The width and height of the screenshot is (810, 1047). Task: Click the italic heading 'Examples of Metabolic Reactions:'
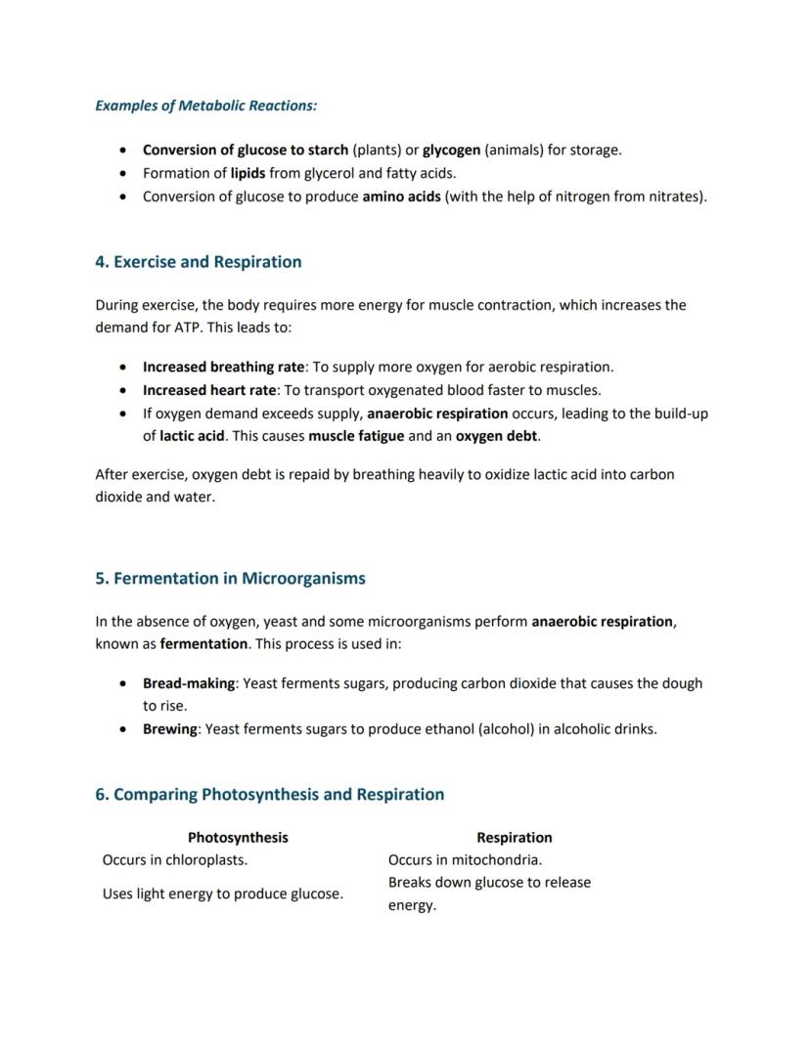pyautogui.click(x=205, y=106)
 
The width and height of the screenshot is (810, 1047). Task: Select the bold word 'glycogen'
pyautogui.click(x=451, y=151)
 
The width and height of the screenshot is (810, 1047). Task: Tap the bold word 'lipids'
pyautogui.click(x=247, y=173)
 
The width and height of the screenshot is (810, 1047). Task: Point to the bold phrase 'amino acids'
pyautogui.click(x=401, y=196)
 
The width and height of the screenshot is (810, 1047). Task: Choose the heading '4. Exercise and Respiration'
pyautogui.click(x=198, y=262)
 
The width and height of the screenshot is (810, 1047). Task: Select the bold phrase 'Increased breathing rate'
pyautogui.click(x=223, y=368)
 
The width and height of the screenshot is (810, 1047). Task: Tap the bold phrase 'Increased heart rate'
pyautogui.click(x=209, y=390)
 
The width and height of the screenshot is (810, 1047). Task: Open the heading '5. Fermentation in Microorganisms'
pyautogui.click(x=230, y=579)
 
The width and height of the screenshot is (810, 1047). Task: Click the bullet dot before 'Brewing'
pyautogui.click(x=122, y=729)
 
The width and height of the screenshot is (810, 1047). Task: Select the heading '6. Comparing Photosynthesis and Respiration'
pyautogui.click(x=269, y=795)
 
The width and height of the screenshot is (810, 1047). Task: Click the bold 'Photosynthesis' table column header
pyautogui.click(x=238, y=838)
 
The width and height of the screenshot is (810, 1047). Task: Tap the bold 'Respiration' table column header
pyautogui.click(x=514, y=838)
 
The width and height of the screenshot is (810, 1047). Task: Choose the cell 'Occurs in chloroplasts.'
pyautogui.click(x=175, y=860)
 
